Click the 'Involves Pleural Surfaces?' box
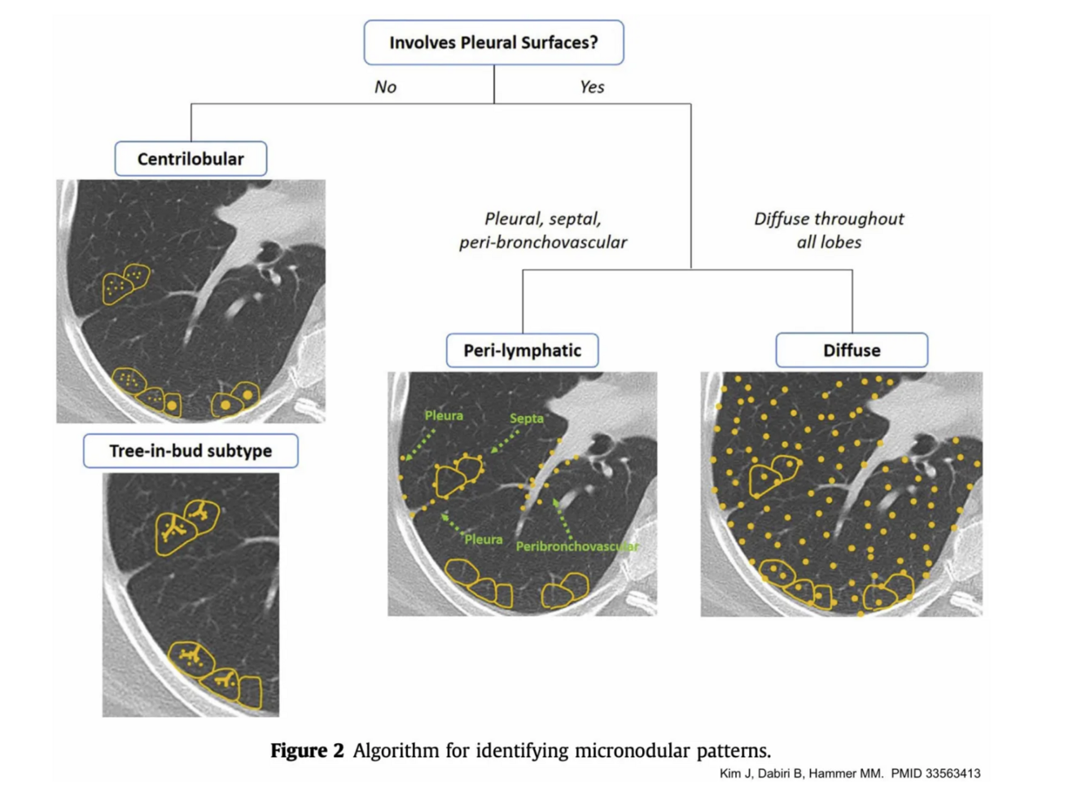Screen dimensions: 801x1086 click(x=493, y=42)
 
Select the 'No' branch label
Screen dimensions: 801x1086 click(x=385, y=87)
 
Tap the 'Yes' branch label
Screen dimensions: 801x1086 click(x=592, y=87)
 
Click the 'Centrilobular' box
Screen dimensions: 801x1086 click(x=190, y=159)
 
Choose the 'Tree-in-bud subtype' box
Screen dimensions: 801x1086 click(x=190, y=451)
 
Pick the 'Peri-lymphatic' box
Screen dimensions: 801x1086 click(x=522, y=351)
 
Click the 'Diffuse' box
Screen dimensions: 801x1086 click(x=852, y=351)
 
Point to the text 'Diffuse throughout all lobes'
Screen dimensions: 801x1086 click(x=829, y=230)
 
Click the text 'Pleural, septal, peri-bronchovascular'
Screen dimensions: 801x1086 click(x=543, y=230)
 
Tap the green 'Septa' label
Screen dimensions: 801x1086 click(x=526, y=418)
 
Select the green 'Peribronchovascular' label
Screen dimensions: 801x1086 click(x=576, y=546)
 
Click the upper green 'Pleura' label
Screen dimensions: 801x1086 click(x=444, y=416)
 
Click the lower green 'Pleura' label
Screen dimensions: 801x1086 click(x=484, y=540)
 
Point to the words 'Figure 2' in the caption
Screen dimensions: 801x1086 click(x=307, y=751)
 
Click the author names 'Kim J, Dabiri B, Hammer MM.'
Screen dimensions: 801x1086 click(x=801, y=774)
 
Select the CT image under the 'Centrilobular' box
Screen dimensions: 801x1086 click(x=190, y=301)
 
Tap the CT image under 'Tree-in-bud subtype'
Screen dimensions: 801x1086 click(x=190, y=594)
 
